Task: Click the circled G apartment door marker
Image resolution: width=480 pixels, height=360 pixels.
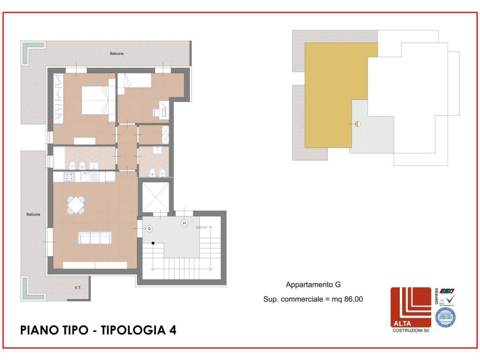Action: tap(149, 229)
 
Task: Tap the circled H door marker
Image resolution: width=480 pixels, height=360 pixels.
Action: tap(184, 223)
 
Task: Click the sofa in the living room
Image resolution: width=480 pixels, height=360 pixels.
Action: tap(95, 238)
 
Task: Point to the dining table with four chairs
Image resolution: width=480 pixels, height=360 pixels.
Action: tap(76, 204)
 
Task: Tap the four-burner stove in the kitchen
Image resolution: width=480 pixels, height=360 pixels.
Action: tap(68, 177)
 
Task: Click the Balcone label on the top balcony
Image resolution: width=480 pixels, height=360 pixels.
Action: tap(117, 54)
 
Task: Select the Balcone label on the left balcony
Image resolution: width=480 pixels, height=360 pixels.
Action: tap(33, 214)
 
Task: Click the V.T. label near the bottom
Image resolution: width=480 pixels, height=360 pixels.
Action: tap(78, 288)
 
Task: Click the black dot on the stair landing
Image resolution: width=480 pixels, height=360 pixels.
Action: tap(153, 243)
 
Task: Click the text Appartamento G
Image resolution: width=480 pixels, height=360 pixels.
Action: tap(313, 285)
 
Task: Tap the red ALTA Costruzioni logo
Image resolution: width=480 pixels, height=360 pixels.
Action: tap(411, 307)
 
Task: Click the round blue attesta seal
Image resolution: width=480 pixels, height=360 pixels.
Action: tap(445, 317)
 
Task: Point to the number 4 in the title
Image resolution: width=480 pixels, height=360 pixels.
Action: tap(172, 330)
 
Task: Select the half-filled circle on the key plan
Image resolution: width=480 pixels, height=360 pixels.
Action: tap(357, 124)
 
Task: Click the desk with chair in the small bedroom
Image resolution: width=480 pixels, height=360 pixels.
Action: tap(161, 111)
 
